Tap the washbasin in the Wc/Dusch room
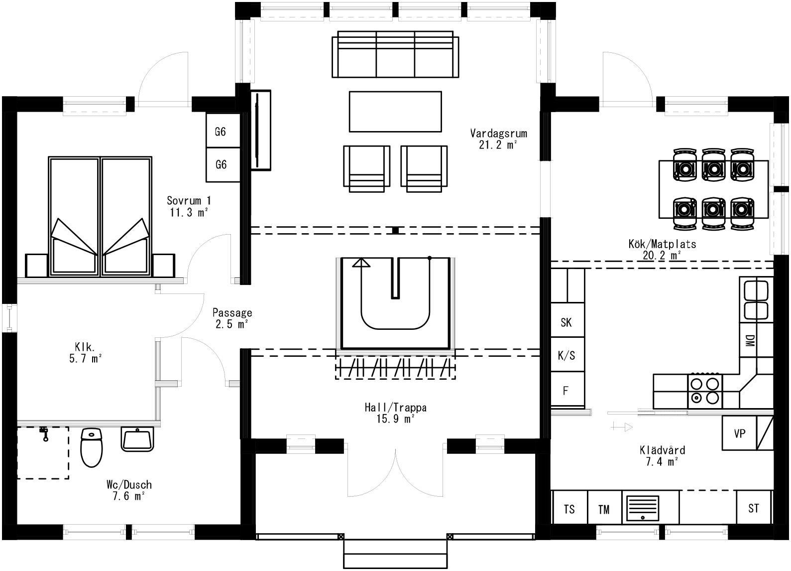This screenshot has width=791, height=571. tap(137, 439)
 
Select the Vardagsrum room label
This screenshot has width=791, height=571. tap(498, 134)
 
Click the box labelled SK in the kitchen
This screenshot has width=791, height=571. tap(566, 322)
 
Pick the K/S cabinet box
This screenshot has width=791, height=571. tap(566, 355)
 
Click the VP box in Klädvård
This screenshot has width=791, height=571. tap(739, 433)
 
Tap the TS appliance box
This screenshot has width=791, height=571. tap(569, 509)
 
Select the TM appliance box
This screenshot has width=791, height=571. tap(604, 509)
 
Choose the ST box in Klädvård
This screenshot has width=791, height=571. tap(754, 508)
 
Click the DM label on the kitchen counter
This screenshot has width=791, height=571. tap(749, 341)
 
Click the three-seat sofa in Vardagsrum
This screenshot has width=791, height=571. tap(396, 54)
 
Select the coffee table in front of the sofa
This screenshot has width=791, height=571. tap(395, 112)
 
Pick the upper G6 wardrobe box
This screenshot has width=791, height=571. tap(221, 132)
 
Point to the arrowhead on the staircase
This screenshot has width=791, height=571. tap(361, 263)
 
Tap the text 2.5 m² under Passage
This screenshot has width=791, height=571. tap(231, 324)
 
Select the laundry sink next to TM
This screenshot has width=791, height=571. tap(642, 507)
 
